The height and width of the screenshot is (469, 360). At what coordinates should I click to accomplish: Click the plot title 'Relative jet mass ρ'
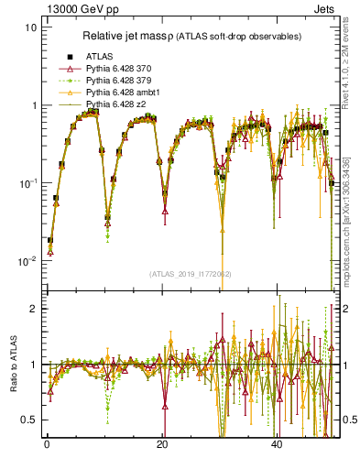(x=127, y=36)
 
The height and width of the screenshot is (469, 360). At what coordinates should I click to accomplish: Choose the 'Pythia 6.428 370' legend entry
(x=110, y=69)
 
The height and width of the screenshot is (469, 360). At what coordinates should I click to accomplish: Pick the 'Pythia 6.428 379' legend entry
(x=110, y=81)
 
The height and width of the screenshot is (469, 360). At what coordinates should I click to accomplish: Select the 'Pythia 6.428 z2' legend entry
(x=106, y=104)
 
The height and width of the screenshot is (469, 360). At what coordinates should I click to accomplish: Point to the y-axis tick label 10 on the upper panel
(x=30, y=27)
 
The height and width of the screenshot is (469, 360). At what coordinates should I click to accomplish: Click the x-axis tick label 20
(x=161, y=444)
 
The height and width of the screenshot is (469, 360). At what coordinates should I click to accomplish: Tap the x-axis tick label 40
(x=276, y=444)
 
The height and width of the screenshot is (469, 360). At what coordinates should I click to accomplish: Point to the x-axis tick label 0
(x=47, y=444)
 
